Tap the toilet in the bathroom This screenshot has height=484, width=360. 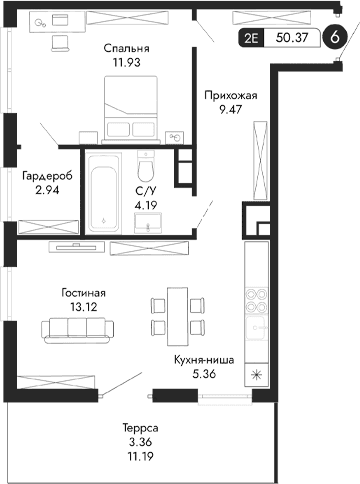click(x=146, y=164)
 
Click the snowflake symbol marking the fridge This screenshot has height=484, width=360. click(x=258, y=377)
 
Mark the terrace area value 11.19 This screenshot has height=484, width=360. click(x=128, y=455)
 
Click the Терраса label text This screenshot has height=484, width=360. click(x=128, y=426)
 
